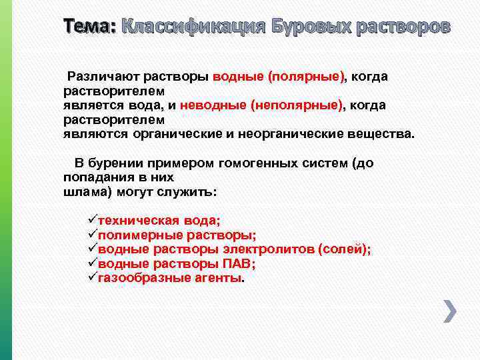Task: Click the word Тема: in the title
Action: click(x=89, y=27)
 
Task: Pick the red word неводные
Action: click(x=213, y=105)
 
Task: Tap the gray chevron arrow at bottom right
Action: click(x=450, y=311)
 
